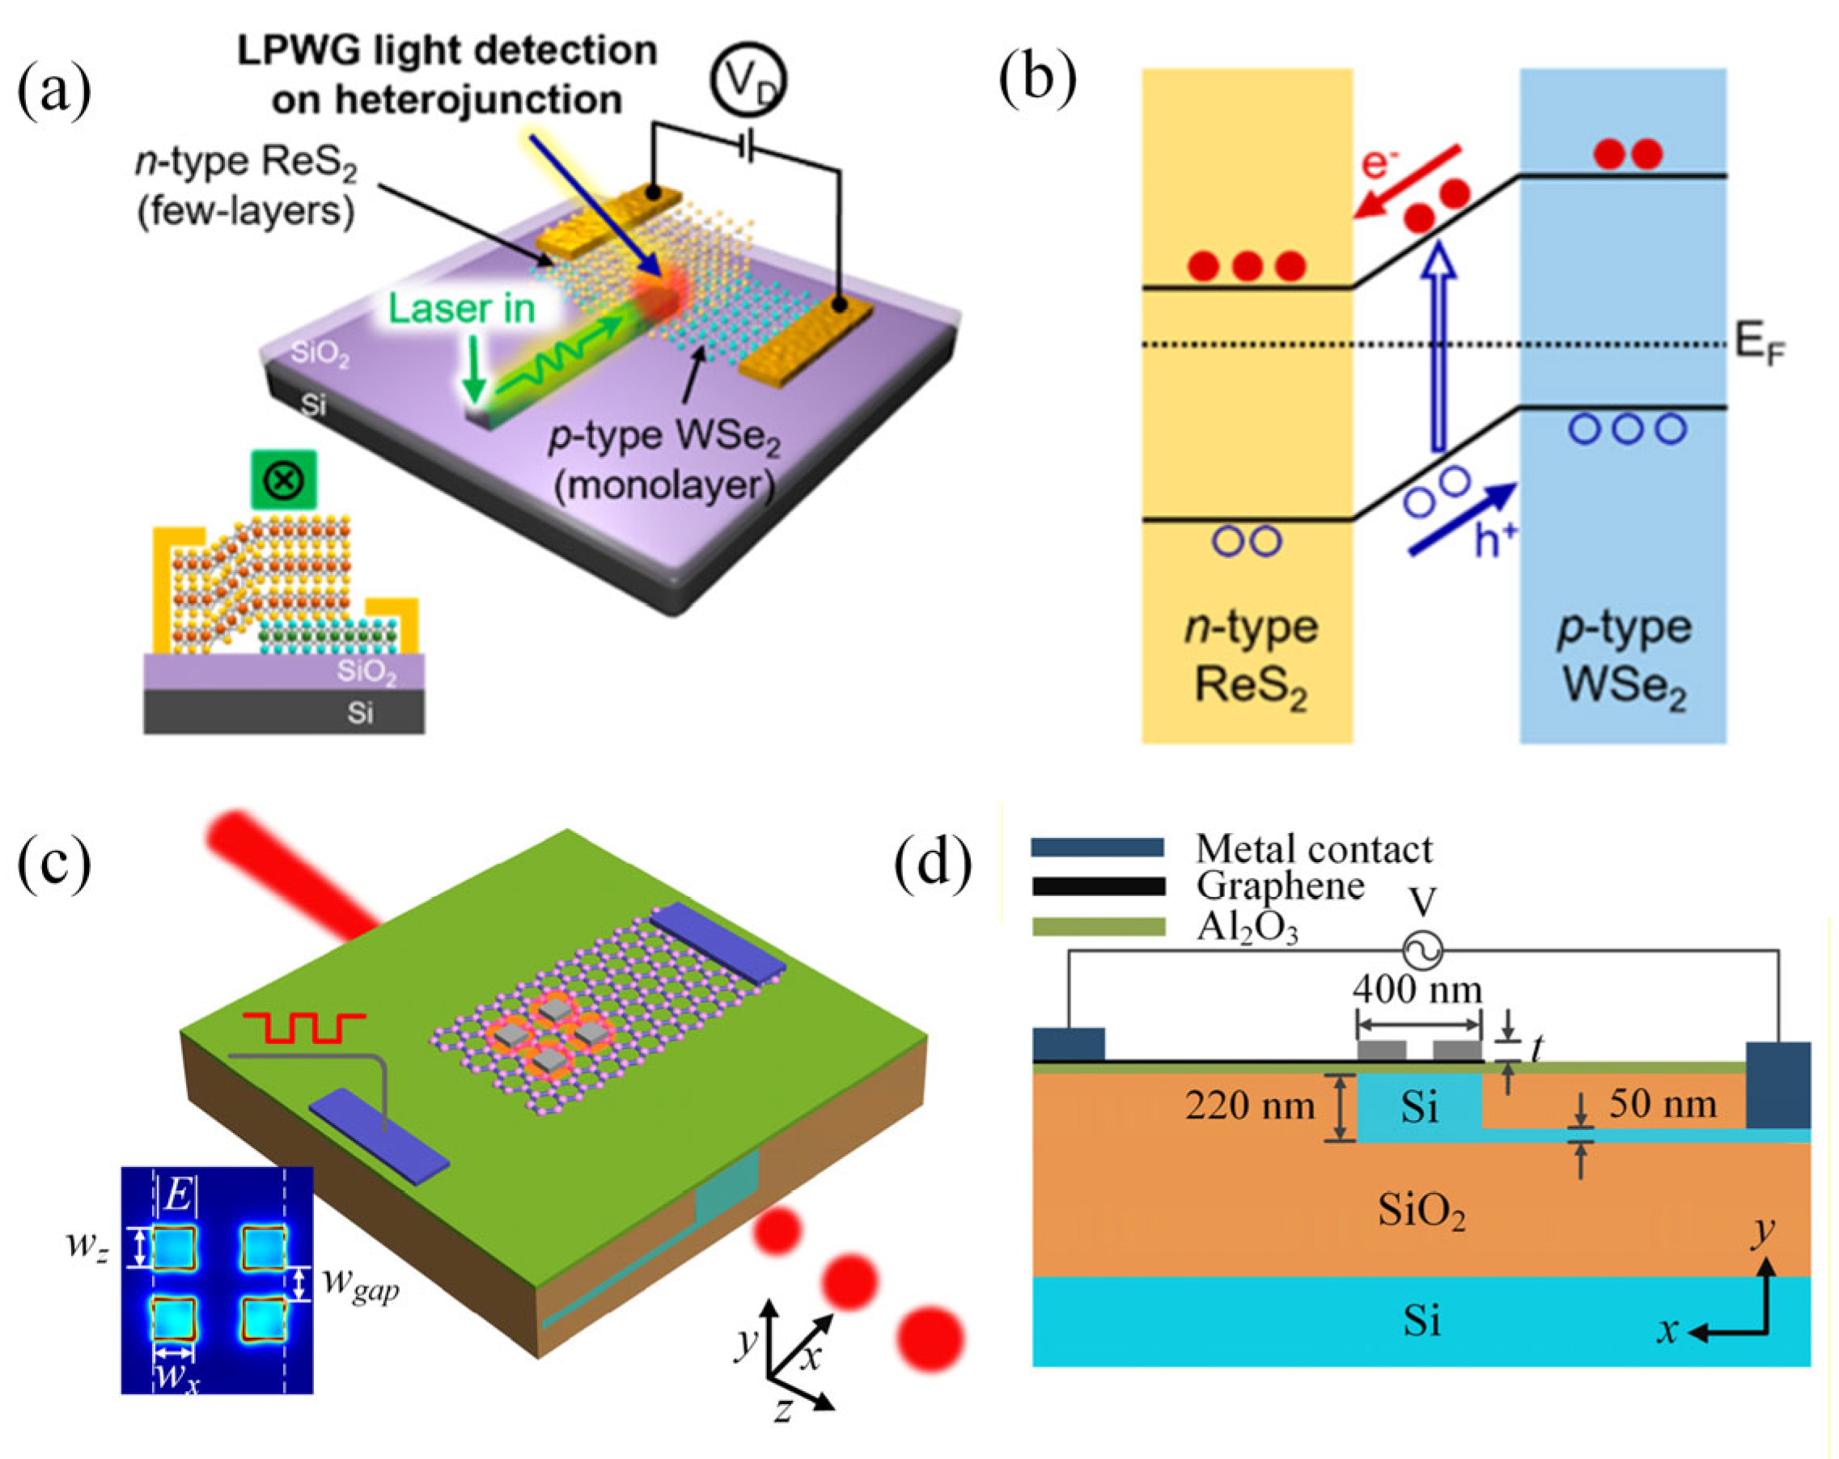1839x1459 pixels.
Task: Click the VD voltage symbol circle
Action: (748, 80)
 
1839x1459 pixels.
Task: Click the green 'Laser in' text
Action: (461, 309)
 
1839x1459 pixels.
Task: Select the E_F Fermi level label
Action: (1760, 345)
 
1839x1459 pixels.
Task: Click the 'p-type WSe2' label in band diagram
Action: (1624, 657)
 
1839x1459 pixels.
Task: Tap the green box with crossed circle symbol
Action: (284, 480)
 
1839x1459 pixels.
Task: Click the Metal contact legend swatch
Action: (1097, 847)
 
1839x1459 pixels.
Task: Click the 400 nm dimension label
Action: (1417, 989)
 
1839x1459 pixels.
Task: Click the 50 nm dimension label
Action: (1663, 1104)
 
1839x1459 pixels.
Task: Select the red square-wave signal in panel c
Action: (304, 1027)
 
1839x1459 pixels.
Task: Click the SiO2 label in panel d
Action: (1422, 1211)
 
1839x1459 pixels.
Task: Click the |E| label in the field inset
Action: (177, 1195)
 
